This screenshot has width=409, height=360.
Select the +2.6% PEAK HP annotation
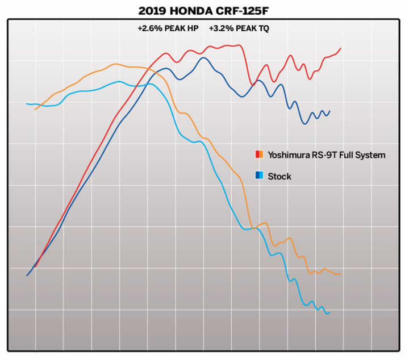tap(168, 28)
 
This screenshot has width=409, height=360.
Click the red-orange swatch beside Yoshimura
tap(258, 154)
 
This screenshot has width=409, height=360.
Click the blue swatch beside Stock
tap(258, 176)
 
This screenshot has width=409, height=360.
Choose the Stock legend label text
tap(279, 177)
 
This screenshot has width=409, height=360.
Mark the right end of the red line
tap(341, 48)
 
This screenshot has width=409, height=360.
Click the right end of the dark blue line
tap(329, 111)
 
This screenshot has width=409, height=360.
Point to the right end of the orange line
tap(340, 274)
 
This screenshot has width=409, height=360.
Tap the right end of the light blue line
tap(329, 312)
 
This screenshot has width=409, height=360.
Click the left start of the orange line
tap(35, 109)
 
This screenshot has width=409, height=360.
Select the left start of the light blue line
tap(27, 104)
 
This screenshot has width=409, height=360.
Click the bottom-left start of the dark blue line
tap(27, 275)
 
